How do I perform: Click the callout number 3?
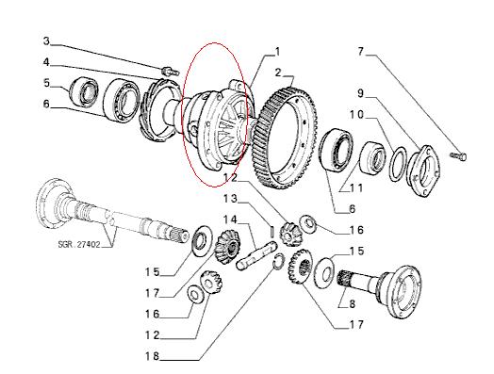click(46, 41)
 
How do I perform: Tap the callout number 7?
click(361, 51)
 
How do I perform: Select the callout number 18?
click(152, 356)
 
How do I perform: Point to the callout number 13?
click(230, 199)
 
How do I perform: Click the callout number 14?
click(230, 220)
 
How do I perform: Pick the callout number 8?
click(352, 304)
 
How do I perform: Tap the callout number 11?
click(356, 188)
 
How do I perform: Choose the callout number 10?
click(356, 115)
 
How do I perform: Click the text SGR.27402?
click(79, 244)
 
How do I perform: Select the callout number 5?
click(47, 83)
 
